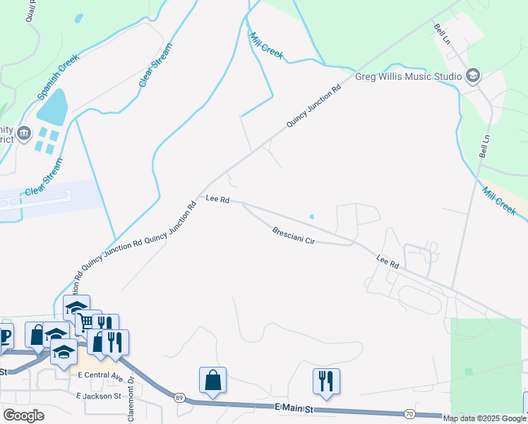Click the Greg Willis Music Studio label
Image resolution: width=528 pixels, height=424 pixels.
[x=408, y=76]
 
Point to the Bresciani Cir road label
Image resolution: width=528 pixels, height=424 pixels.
[x=294, y=236]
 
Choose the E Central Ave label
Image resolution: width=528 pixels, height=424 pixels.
[x=101, y=375]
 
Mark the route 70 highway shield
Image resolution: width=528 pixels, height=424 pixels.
[x=409, y=413]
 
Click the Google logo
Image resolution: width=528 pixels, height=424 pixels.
[x=23, y=415]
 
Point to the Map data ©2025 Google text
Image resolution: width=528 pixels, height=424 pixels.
[x=484, y=418]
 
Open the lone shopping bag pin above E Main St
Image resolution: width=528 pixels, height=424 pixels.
[x=212, y=380]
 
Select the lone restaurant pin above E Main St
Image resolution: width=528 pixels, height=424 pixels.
[x=326, y=382]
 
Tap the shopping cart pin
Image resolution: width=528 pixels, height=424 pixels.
[x=87, y=322]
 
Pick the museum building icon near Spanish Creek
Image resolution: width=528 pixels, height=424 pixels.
[x=24, y=132]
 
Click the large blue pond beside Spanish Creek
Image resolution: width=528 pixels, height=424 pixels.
[x=52, y=106]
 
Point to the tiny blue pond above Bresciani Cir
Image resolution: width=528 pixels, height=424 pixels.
[x=312, y=217]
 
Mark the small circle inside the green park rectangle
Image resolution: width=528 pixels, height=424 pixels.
[x=468, y=371]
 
